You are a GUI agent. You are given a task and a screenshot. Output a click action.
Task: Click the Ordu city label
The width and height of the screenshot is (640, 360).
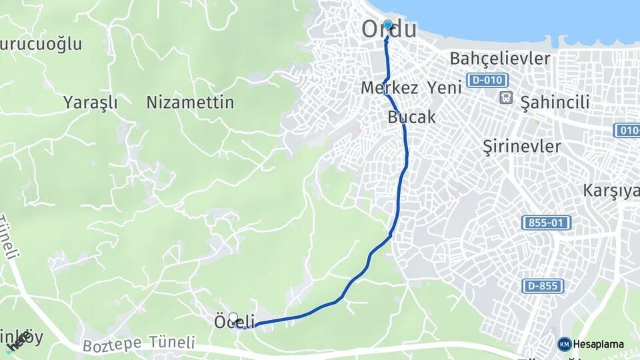point(389,30)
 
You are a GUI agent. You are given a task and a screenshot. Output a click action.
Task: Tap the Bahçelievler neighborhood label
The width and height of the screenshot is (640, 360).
point(500,59)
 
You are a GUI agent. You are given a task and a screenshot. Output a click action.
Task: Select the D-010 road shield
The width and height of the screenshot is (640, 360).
point(483,81)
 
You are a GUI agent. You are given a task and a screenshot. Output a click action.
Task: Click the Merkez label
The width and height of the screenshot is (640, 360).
point(389,87)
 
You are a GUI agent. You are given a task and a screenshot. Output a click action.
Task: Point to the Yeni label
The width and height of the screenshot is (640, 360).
point(445,87)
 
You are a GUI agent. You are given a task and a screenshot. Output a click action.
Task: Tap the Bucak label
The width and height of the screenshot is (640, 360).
point(411,117)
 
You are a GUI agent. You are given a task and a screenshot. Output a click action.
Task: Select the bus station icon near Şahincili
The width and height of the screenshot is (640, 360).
point(507,98)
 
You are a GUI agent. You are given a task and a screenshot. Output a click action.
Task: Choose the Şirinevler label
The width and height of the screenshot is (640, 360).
point(522,147)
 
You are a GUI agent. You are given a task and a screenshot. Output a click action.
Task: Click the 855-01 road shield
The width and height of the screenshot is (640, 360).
point(546,223)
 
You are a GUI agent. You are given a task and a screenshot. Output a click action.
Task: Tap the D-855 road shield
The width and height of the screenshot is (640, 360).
point(543,286)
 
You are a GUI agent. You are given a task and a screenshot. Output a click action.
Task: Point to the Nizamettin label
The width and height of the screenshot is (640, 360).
point(190,103)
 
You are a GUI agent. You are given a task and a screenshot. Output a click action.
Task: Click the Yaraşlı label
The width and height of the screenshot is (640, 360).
point(91,103)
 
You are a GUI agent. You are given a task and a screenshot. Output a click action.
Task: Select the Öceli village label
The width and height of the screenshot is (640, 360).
point(235,322)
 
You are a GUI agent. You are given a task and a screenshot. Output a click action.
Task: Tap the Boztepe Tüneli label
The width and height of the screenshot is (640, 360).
point(139,345)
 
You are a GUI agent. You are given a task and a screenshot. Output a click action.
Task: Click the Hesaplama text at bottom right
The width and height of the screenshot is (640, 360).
point(599,344)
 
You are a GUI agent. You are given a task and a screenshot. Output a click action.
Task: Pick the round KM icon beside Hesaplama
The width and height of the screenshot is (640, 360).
point(565,344)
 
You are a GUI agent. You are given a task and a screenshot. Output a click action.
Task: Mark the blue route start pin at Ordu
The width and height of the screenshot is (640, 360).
point(388,25)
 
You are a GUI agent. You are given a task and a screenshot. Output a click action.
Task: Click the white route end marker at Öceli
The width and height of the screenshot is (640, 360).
point(233,317)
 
